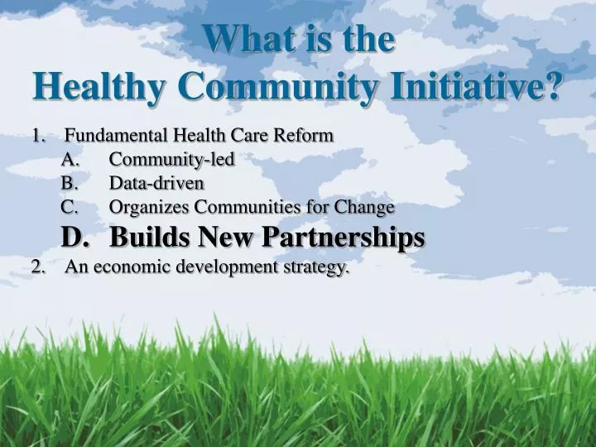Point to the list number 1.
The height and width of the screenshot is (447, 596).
point(38,135)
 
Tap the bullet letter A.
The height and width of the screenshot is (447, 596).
point(70,159)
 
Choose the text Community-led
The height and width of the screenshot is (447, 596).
point(172,159)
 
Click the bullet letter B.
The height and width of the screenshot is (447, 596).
point(69,182)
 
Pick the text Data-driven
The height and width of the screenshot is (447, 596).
point(156,182)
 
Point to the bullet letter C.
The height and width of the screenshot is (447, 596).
point(69,206)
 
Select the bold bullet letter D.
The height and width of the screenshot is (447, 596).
point(74,237)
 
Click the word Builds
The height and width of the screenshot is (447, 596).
point(142,237)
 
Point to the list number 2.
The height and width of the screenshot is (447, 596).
point(38,267)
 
